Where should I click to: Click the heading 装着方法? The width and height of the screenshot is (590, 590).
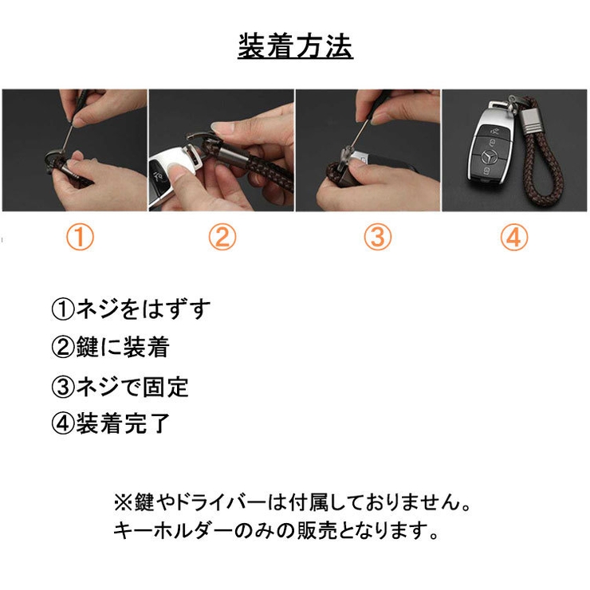295,46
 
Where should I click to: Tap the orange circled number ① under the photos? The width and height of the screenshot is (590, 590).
80,238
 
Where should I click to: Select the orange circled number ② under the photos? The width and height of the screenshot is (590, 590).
222,238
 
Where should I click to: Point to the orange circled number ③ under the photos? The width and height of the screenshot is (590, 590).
377,238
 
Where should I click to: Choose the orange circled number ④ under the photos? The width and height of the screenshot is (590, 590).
514,238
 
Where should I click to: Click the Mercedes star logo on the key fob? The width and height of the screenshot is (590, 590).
490,159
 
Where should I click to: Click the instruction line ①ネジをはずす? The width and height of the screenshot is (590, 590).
131,309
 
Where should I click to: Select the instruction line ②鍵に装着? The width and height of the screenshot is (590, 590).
110,347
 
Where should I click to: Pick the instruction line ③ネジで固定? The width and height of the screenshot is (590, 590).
120,387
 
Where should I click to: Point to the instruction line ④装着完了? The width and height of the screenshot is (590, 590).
110,423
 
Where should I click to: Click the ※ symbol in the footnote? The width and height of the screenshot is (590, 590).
124,502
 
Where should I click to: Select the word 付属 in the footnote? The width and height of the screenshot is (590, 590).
307,502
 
